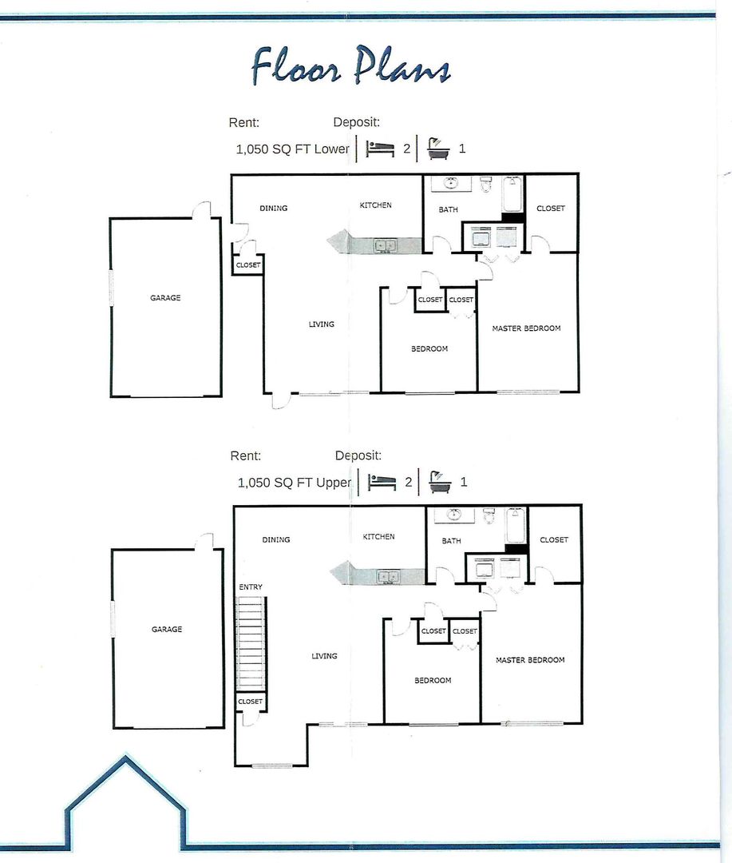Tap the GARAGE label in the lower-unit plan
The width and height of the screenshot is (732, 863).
pos(165,298)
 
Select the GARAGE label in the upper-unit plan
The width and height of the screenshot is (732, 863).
pos(167,630)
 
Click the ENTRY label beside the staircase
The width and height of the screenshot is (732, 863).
pos(251,587)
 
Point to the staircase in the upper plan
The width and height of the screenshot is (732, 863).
pos(251,642)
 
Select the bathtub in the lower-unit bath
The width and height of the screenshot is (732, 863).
pos(512,193)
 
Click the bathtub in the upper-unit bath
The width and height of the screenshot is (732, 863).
pos(515,525)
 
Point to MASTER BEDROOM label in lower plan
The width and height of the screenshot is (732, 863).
pos(526,328)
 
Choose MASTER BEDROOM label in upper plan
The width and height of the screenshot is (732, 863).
pos(530,660)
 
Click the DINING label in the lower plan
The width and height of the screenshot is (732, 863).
pos(274,209)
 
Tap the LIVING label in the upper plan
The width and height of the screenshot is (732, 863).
pos(324,656)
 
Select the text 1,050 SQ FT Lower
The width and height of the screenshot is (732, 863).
pos(292,149)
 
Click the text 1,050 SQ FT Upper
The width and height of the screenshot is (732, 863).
pos(294,483)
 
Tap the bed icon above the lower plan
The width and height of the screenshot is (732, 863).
pos(380,149)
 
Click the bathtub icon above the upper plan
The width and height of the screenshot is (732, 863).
pos(440,482)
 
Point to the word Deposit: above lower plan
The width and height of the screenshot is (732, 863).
pos(356,122)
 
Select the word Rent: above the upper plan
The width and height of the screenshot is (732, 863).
pos(245,456)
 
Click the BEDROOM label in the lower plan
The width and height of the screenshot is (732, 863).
pos(429,348)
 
